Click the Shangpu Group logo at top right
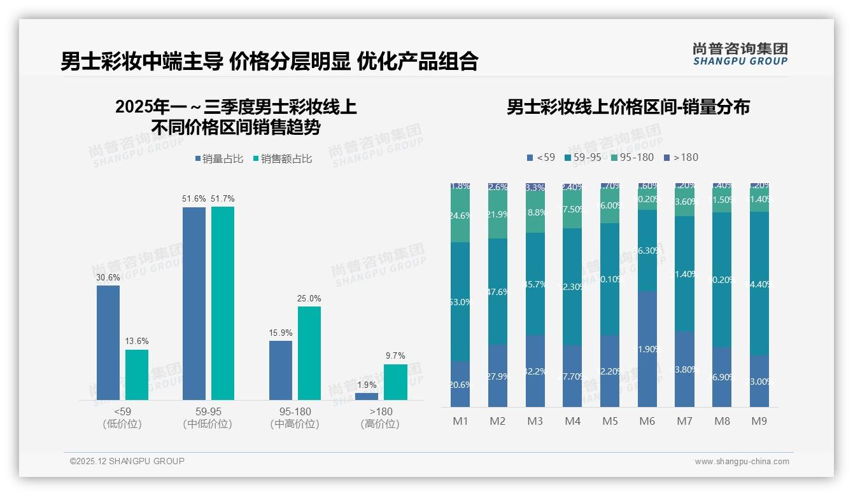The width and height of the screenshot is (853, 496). click(740, 54)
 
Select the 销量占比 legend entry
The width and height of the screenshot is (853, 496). click(218, 159)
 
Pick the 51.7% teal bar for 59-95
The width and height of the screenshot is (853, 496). click(223, 303)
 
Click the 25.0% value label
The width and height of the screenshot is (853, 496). click(309, 298)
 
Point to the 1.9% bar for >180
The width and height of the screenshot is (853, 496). click(367, 396)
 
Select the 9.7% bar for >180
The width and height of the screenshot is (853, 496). click(395, 382)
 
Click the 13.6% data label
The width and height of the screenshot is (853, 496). click(137, 341)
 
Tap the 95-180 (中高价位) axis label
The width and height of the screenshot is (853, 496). click(294, 418)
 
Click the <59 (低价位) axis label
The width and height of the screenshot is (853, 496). click(122, 418)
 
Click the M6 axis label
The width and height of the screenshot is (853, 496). click(647, 421)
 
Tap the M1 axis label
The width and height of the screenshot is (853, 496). click(460, 421)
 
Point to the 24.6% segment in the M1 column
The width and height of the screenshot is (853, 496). click(460, 216)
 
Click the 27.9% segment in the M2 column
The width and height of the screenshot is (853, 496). click(498, 376)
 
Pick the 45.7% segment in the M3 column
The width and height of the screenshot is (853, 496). click(535, 284)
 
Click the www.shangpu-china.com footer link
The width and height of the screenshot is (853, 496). click(742, 462)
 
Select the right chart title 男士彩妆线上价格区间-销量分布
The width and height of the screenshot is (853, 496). click(628, 107)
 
